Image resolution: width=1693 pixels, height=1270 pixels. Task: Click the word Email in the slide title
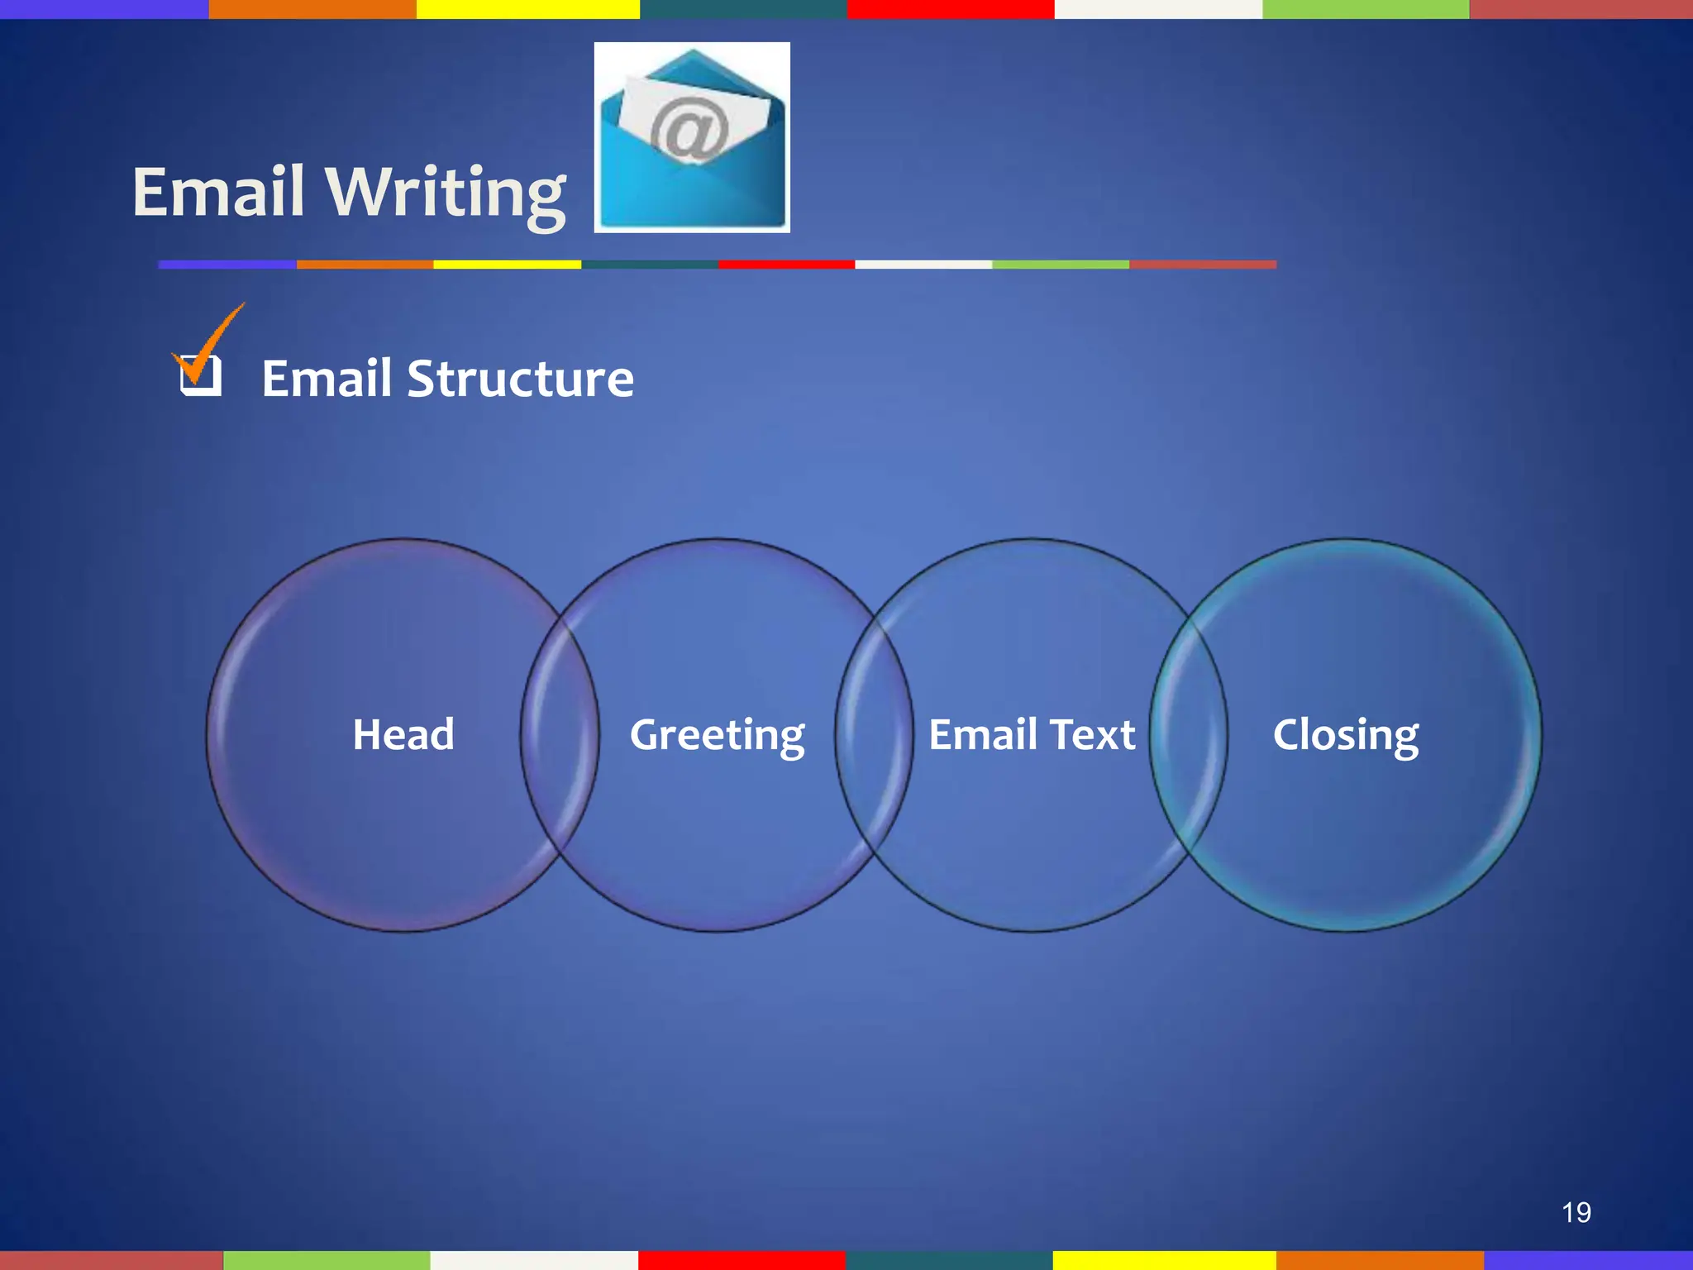click(x=219, y=192)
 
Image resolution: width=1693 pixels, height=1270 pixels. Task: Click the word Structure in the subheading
click(x=520, y=379)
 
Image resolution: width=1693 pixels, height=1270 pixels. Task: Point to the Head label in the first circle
click(x=403, y=734)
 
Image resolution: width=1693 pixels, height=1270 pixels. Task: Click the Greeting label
click(x=717, y=735)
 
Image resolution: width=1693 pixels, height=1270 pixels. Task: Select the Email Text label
click(x=1032, y=734)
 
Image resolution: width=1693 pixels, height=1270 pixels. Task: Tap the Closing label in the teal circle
click(x=1345, y=735)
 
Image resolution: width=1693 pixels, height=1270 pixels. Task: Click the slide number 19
click(x=1576, y=1212)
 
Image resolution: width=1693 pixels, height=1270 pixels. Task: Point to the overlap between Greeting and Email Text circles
click(x=875, y=735)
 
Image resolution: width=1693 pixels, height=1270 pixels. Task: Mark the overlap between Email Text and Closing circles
click(x=1189, y=735)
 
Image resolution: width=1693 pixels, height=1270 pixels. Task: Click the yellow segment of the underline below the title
click(x=507, y=265)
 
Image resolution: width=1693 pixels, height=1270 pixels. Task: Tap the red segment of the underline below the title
click(x=785, y=265)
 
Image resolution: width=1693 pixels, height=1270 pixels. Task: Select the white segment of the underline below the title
click(x=923, y=265)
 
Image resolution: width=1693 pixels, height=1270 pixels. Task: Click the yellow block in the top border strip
click(x=527, y=9)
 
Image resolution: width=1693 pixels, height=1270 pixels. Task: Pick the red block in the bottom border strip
click(x=742, y=1260)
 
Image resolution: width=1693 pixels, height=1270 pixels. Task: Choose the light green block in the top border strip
click(x=1366, y=9)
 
